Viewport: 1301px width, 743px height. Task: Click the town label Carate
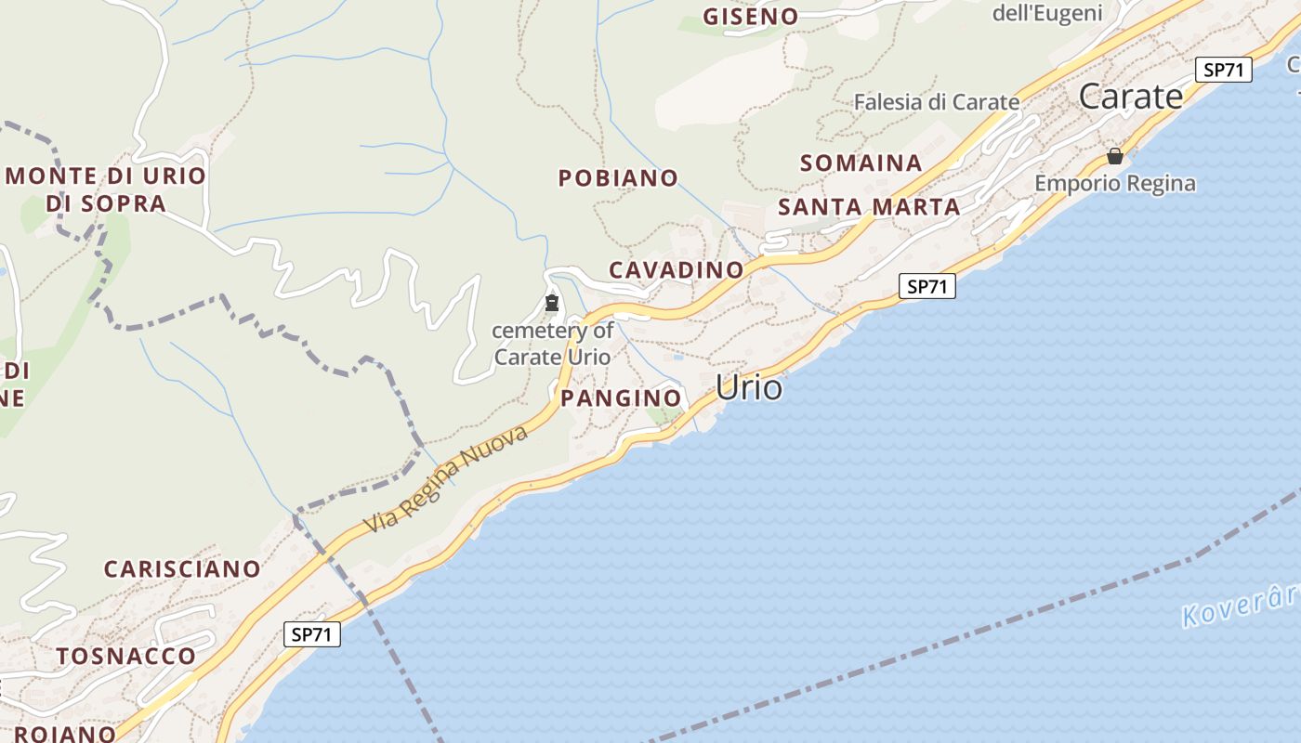tap(1131, 97)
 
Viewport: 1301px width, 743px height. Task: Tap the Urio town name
tap(749, 387)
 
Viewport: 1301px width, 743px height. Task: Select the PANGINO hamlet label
tap(621, 398)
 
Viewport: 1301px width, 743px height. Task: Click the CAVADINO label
tap(677, 270)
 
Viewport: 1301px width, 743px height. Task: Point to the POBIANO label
tap(618, 177)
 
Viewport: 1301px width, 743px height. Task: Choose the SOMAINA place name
tap(861, 163)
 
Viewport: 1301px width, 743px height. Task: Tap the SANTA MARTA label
tap(869, 207)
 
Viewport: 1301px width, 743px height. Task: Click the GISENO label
tap(750, 17)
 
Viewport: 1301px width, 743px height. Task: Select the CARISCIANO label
tap(182, 569)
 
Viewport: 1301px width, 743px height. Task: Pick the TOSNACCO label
tap(126, 657)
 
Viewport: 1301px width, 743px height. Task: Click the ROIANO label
tap(65, 733)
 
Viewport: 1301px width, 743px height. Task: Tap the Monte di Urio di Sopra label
tap(105, 189)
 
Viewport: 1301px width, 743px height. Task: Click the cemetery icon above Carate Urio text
tap(552, 303)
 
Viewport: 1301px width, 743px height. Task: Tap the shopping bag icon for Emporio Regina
tap(1114, 156)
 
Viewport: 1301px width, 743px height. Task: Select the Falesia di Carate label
tap(937, 102)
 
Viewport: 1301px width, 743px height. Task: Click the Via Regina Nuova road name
tap(445, 480)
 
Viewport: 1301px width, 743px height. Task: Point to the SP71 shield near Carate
tap(1223, 70)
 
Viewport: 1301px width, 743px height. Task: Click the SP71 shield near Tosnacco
tap(311, 635)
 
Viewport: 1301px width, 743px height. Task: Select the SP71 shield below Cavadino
tap(926, 287)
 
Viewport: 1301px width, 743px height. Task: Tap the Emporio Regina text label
tap(1115, 183)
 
